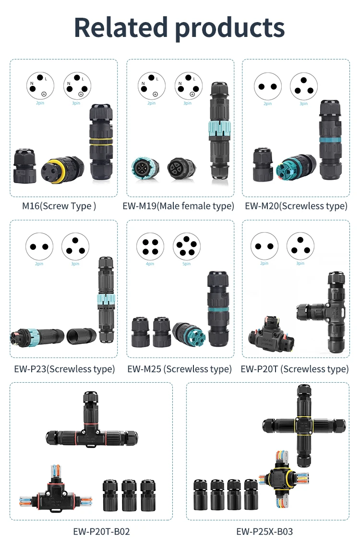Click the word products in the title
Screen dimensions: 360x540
229,27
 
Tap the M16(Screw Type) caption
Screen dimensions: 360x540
59,206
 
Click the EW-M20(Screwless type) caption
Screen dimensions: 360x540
296,206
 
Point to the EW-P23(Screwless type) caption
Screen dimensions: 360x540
64,369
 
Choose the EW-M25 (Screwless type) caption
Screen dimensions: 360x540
180,369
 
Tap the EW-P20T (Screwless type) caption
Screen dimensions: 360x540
294,369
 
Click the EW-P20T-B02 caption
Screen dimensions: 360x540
101,531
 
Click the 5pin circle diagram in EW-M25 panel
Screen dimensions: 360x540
186,247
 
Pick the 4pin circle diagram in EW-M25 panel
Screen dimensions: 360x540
150,247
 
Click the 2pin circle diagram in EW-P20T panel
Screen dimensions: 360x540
264,247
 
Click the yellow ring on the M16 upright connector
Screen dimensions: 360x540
101,142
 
